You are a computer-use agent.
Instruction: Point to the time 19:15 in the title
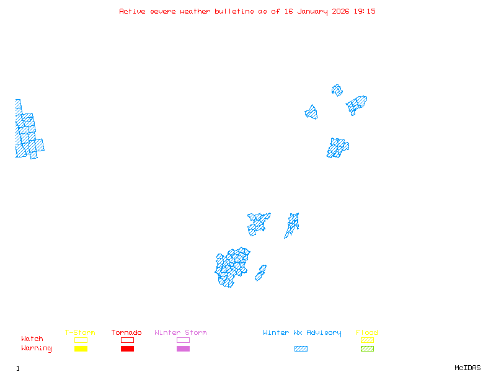365,11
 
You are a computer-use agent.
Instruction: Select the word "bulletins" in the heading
234,11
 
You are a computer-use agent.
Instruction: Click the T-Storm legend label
80,333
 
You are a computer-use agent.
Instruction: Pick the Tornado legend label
126,333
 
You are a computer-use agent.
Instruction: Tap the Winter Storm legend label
180,333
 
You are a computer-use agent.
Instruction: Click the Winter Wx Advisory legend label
302,333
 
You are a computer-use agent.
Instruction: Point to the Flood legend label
367,333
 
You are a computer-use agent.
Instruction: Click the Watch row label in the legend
32,339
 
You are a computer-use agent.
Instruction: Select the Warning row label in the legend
37,348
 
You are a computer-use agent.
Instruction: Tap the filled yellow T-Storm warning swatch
81,349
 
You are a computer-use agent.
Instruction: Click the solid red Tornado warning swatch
127,349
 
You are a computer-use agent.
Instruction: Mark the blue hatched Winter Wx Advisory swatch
301,349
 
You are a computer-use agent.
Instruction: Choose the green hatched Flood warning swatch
367,349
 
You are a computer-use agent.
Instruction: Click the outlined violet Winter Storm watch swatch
183,340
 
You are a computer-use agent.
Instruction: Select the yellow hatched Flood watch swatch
367,340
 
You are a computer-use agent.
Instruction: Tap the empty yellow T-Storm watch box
81,340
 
